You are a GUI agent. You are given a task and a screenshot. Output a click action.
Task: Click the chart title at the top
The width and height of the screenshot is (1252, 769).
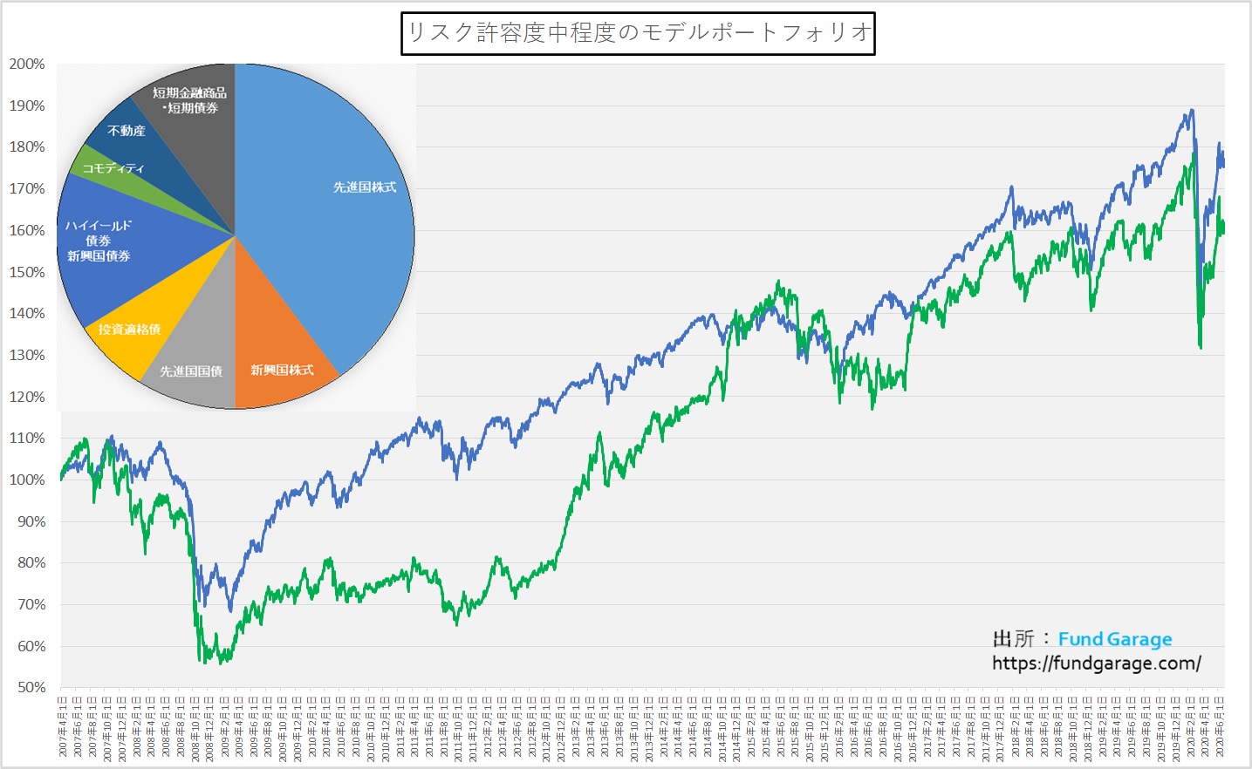coord(638,33)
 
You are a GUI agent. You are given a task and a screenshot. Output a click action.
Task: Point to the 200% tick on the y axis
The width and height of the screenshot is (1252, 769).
coord(27,65)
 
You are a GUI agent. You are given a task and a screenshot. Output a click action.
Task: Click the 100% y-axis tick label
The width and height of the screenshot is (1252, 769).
coord(27,480)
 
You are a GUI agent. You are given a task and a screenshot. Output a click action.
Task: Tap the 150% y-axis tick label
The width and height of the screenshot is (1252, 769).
coord(27,272)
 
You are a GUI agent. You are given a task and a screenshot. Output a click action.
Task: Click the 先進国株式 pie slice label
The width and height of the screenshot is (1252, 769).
coord(365,187)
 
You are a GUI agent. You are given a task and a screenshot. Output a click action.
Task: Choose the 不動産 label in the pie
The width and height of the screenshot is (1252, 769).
coord(127,131)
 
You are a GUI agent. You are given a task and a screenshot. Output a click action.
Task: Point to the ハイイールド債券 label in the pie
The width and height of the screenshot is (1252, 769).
coord(99,241)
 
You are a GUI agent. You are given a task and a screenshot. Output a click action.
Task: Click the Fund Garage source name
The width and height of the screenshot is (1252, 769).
coord(1115,639)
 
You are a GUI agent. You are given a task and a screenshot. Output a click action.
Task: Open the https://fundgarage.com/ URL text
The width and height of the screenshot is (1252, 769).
coord(1096,664)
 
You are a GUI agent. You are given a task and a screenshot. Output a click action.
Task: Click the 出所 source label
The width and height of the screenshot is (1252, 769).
coord(1013,639)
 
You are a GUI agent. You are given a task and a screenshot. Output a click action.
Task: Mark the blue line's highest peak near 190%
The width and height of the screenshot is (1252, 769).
coord(1191,110)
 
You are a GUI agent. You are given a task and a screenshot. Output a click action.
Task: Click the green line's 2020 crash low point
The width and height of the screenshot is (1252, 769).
coord(1201,348)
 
